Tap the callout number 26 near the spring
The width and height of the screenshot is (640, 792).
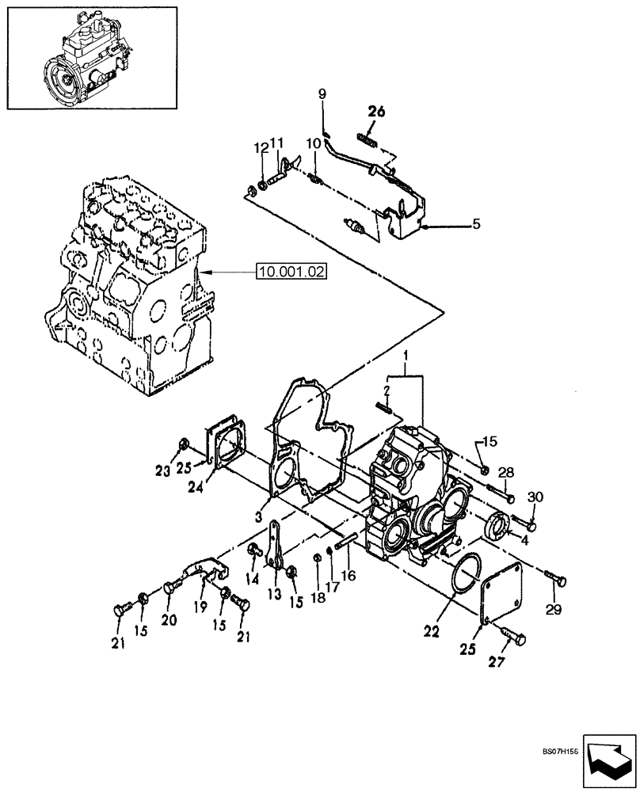point(375,112)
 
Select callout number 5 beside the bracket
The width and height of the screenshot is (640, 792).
point(476,224)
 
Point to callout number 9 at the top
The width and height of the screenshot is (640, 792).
point(322,94)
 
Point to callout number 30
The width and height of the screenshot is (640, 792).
point(535,497)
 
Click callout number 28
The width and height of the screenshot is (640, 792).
point(506,473)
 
